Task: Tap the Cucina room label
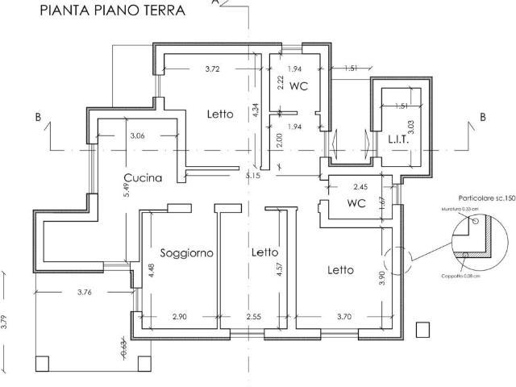click(143, 177)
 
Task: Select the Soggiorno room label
click(186, 252)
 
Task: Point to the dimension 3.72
click(212, 69)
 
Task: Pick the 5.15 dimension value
click(255, 175)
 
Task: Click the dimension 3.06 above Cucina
click(137, 135)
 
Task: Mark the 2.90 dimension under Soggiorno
click(179, 318)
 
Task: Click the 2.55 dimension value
click(255, 318)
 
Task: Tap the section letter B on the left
click(38, 117)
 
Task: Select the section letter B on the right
click(483, 117)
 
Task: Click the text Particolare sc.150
click(486, 197)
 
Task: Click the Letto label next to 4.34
click(219, 114)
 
